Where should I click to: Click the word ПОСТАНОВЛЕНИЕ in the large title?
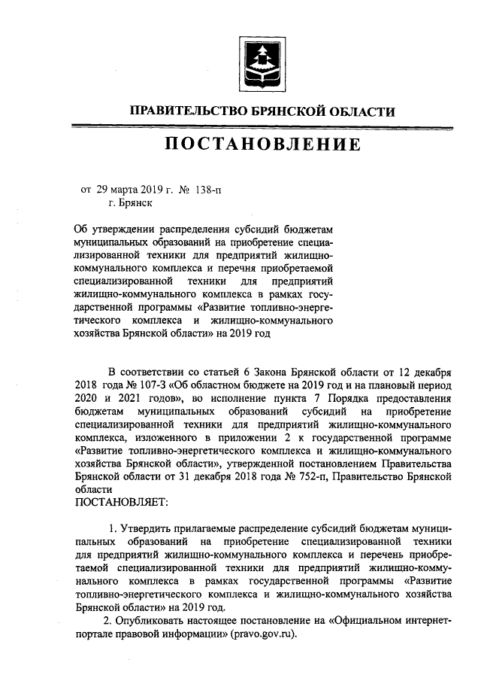click(x=263, y=143)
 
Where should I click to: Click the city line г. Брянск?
click(x=131, y=202)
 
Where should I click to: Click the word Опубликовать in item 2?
click(x=153, y=620)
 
